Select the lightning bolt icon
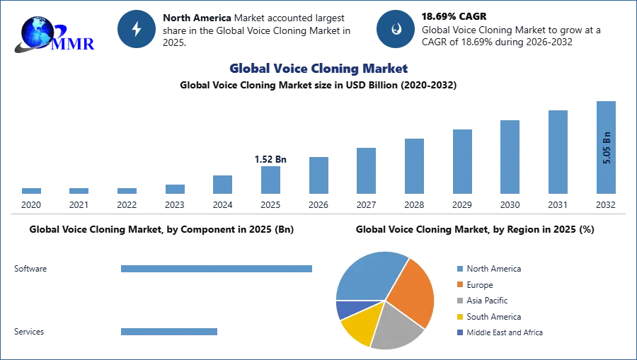click(137, 29)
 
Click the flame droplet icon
click(396, 29)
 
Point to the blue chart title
click(318, 69)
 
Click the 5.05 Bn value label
click(607, 147)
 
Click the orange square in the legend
click(459, 284)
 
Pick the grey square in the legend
click(459, 301)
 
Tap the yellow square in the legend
click(459, 317)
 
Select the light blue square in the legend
click(459, 268)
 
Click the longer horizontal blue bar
click(217, 269)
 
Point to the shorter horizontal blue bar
click(169, 333)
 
